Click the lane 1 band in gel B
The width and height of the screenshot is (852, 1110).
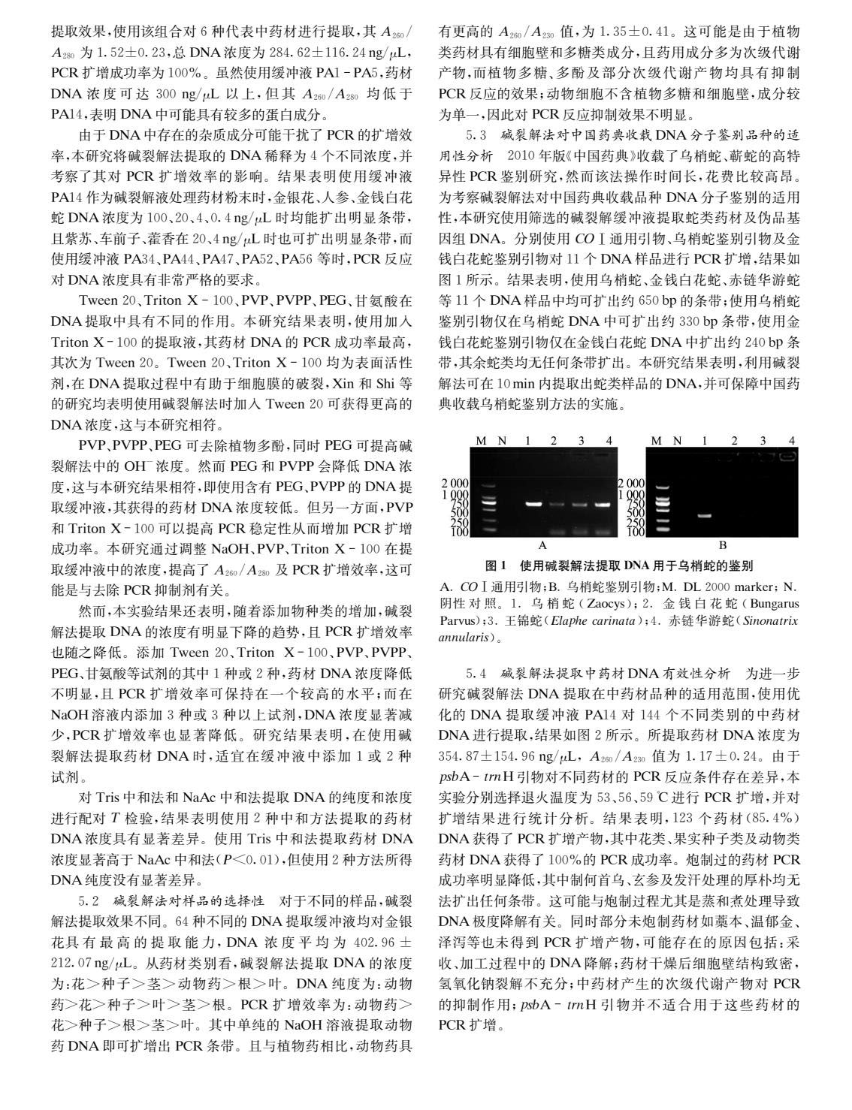[x=705, y=516]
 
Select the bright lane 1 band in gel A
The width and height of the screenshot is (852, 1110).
[x=534, y=504]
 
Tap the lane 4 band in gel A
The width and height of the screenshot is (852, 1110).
[x=603, y=504]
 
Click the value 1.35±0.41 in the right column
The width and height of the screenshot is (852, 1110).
[x=630, y=33]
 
